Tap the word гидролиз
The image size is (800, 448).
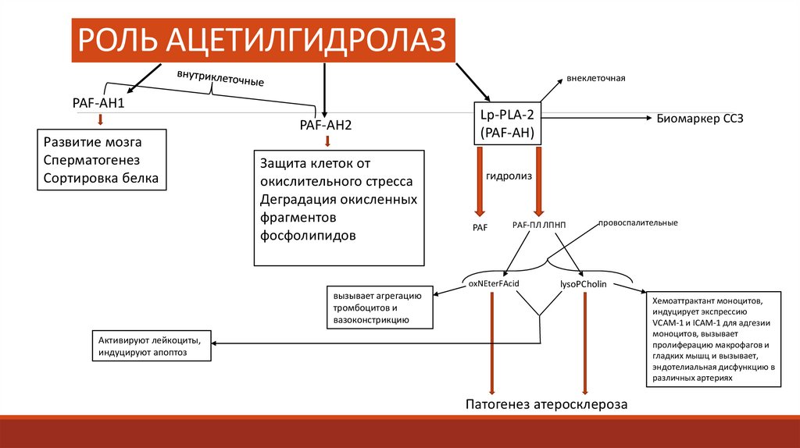509,176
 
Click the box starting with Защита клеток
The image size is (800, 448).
338,208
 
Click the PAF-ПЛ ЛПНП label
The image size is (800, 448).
539,225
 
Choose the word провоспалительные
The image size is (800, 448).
637,222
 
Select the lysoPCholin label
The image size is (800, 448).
584,284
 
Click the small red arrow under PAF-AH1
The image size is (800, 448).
100,119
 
